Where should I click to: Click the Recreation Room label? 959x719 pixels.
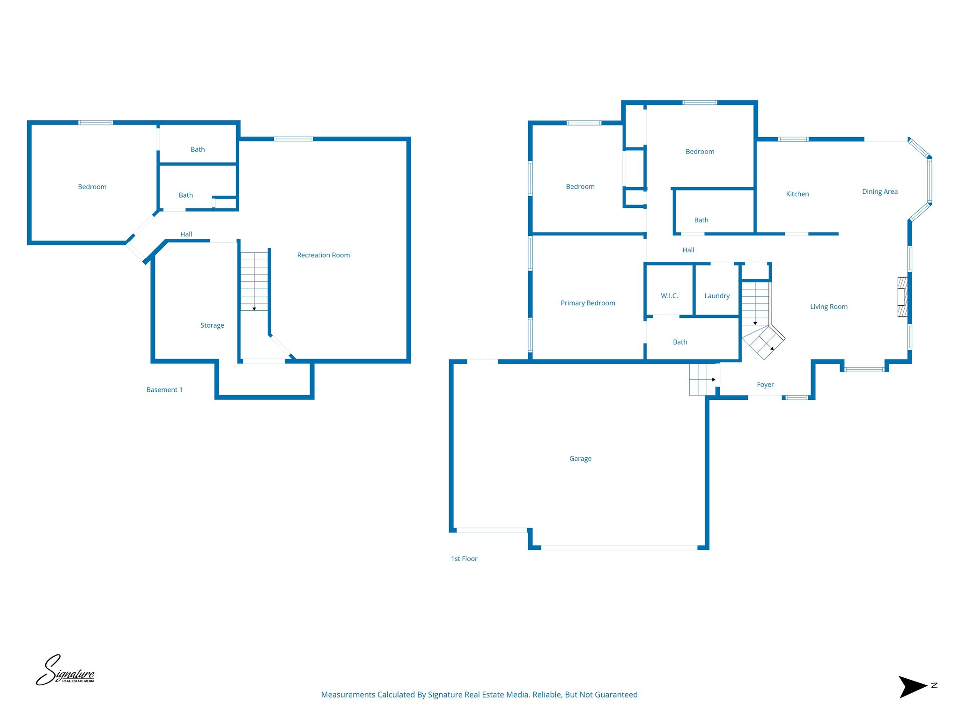[x=323, y=255]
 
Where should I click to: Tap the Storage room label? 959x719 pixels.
[x=212, y=325]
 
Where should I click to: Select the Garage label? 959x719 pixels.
[x=580, y=459]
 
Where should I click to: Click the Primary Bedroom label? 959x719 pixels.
[x=588, y=303]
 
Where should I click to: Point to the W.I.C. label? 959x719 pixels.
[x=669, y=296]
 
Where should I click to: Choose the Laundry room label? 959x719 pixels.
[x=717, y=296]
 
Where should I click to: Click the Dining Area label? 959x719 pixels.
[x=879, y=191]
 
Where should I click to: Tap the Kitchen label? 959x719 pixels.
[x=797, y=194]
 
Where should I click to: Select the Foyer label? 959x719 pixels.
[x=765, y=385]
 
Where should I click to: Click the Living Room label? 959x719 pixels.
[x=828, y=307]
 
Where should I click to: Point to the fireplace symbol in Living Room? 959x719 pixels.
[x=902, y=297]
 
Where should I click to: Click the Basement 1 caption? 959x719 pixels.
[x=164, y=390]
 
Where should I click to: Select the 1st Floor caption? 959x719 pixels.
[x=464, y=559]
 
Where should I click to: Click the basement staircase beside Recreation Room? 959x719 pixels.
[x=254, y=281]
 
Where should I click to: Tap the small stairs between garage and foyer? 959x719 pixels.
[x=701, y=380]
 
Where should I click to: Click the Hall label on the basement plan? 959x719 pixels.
[x=186, y=234]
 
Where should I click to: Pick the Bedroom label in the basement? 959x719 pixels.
[x=92, y=187]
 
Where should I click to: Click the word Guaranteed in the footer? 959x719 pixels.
[x=617, y=695]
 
